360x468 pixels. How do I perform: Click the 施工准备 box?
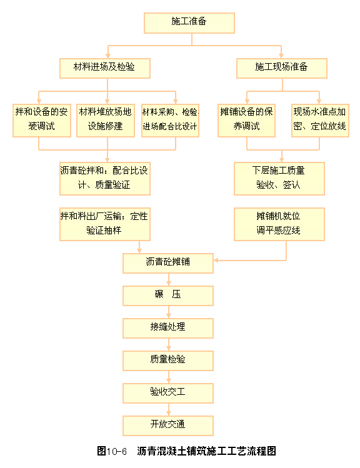tap(189, 23)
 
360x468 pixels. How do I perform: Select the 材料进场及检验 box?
tap(105, 68)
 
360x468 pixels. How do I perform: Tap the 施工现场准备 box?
tap(282, 68)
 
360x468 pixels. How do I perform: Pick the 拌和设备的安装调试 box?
tap(42, 121)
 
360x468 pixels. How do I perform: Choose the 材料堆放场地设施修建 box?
tap(106, 121)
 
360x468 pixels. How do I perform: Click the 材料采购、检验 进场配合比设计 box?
tap(171, 121)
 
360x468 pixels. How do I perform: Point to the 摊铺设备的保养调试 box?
tap(247, 121)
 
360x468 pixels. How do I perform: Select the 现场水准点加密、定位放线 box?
tap(320, 121)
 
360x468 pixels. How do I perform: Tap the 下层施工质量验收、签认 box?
tap(279, 179)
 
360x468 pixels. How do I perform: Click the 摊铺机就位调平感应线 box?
tap(279, 224)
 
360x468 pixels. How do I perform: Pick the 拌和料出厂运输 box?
tap(105, 224)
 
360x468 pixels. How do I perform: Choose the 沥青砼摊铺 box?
tap(168, 264)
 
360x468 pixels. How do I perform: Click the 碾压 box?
tap(168, 296)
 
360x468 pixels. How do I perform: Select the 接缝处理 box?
tap(168, 328)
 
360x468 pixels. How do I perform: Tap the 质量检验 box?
tap(168, 361)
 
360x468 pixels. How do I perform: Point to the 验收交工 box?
tap(168, 394)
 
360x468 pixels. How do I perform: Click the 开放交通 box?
tap(168, 426)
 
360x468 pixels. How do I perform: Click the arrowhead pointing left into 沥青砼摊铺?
tap(216, 261)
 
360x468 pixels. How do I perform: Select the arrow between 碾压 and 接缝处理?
tap(169, 312)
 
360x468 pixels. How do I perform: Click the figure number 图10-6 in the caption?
tap(112, 451)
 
